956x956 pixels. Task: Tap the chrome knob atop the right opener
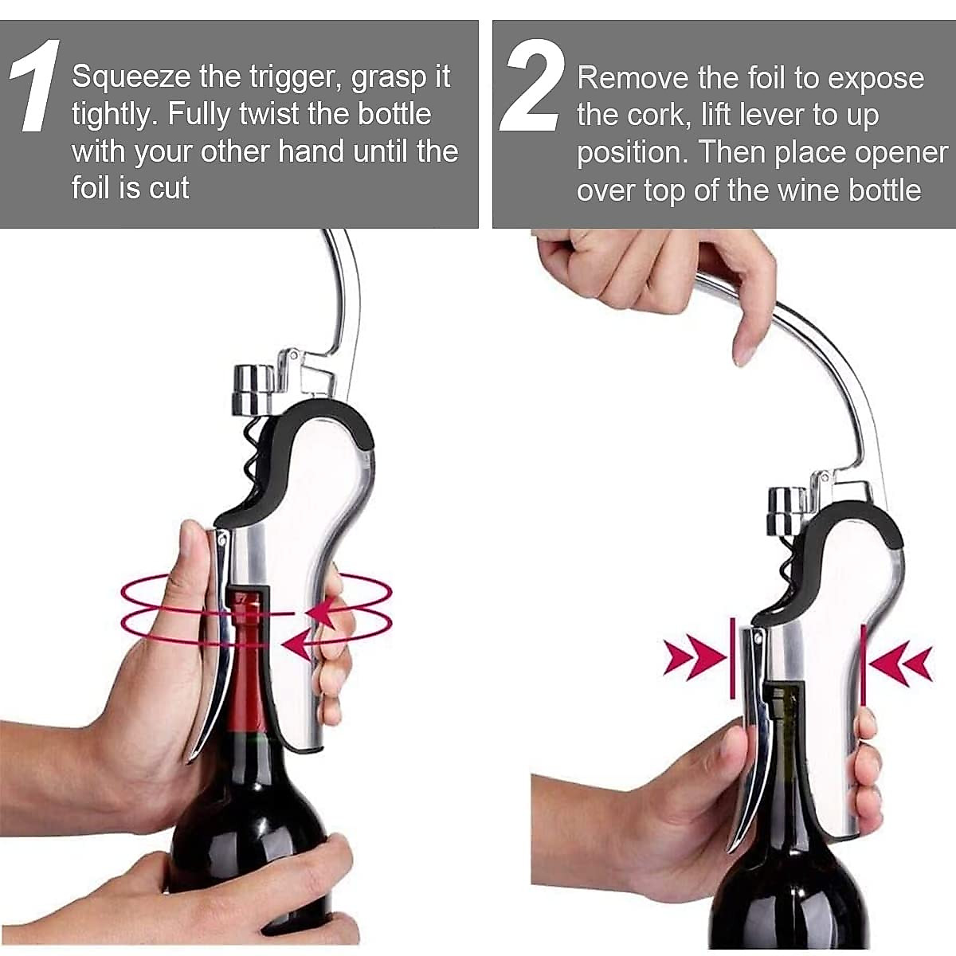click(788, 512)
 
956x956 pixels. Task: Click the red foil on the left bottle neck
click(249, 701)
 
